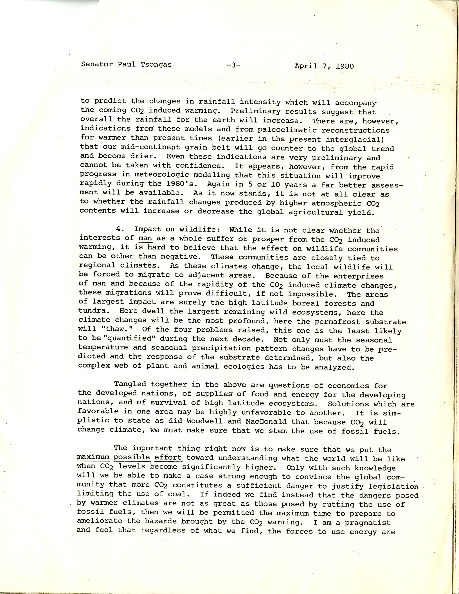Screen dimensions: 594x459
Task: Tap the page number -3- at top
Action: (233, 65)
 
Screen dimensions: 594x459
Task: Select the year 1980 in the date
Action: (345, 66)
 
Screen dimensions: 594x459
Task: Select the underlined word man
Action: (145, 238)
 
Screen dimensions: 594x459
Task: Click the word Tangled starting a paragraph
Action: (130, 384)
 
